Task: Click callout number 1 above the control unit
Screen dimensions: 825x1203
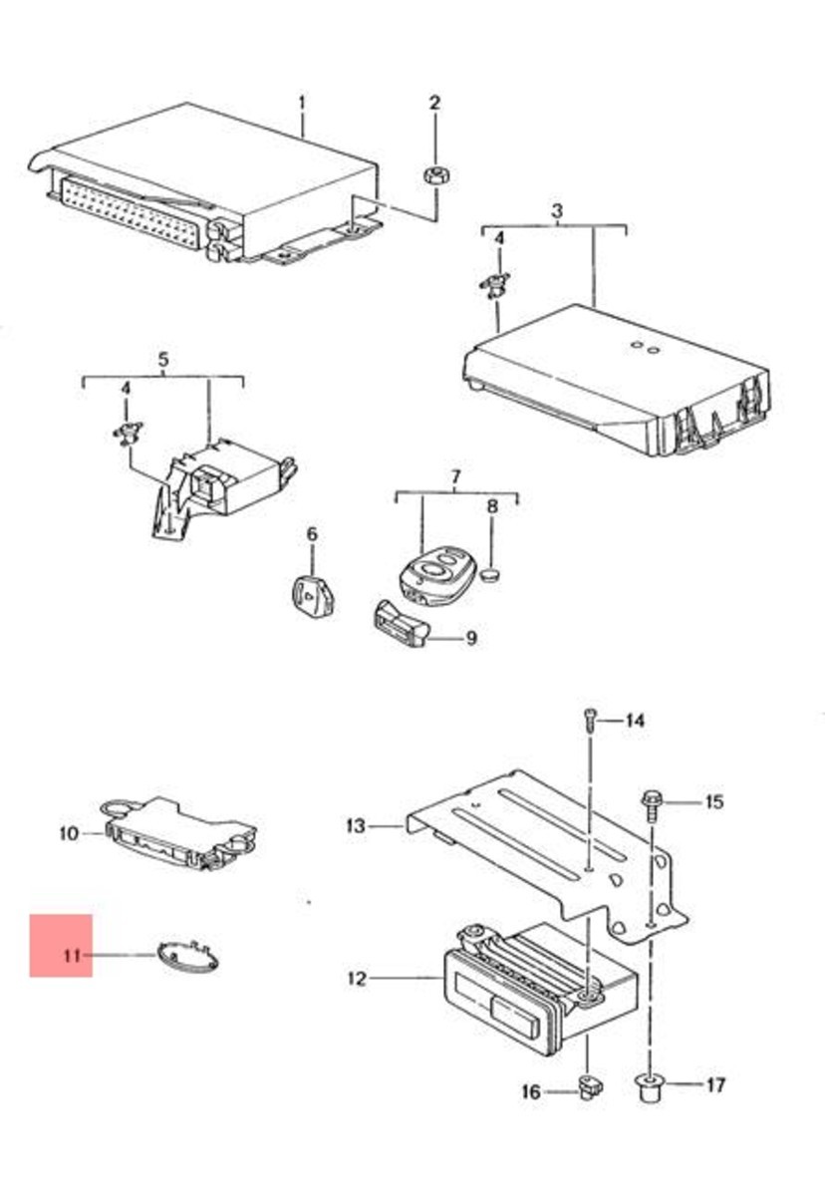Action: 302,103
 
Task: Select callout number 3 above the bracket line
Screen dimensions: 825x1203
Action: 557,210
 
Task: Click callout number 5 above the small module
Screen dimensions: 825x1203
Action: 163,359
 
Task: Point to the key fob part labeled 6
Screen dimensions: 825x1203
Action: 313,595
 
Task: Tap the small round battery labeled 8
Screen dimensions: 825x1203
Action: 491,576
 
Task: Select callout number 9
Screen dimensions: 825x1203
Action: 470,638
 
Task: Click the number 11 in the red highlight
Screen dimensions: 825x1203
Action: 72,956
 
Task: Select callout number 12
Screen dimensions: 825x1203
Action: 357,979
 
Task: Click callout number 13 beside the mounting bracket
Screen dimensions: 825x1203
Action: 356,825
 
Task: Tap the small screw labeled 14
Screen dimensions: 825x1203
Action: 588,719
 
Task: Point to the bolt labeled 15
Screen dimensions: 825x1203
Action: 651,805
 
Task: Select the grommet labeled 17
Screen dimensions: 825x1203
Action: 650,1088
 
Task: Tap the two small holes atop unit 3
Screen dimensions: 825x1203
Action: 646,348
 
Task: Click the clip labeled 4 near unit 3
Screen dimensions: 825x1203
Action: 495,285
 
